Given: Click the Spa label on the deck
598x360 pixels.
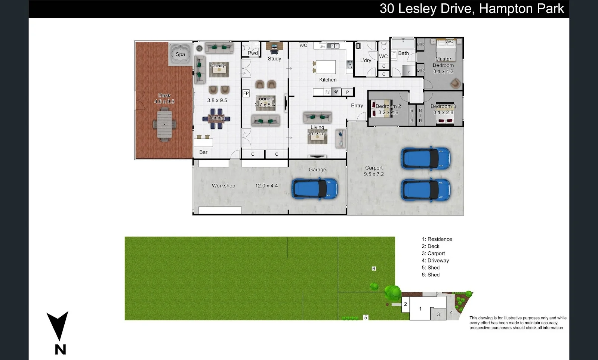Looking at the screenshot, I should coord(180,54).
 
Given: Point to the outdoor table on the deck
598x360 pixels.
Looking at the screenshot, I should coord(164,124).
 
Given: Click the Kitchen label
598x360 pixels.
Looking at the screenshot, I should coord(328,80).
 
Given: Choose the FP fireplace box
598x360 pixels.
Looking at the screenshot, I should coord(246,93).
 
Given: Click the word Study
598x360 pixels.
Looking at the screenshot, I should coord(274,59).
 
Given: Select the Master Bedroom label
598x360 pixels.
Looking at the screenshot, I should coord(443,62).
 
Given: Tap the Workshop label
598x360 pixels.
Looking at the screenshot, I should coord(224,186).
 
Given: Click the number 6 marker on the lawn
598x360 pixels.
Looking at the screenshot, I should coord(374,269).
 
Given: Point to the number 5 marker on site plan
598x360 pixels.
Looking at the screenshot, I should coord(366,317).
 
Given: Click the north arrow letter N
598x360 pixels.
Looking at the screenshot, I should coord(60,350).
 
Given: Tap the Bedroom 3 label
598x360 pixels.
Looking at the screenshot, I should coord(443,106).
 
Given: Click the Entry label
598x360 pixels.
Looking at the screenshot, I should coord(357,106).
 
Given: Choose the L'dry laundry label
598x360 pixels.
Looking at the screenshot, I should coord(366,60).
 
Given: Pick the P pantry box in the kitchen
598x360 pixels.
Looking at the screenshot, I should coord(348,92).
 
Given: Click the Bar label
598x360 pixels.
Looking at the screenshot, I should coord(203,152).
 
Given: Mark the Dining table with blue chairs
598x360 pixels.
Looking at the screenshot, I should coord(216,118).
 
